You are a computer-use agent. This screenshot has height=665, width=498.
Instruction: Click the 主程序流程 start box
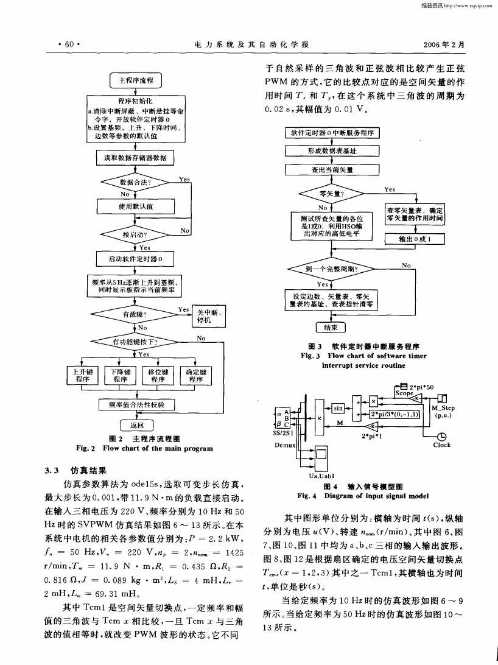point(136,80)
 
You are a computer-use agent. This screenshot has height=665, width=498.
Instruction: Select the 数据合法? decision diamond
point(135,182)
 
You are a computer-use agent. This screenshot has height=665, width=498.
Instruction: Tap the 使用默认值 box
point(136,206)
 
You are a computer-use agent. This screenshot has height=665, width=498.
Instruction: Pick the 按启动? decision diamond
point(135,234)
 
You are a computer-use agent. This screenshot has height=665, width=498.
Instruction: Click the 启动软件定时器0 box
point(135,259)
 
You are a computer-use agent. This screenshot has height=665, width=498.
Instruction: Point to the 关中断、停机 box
point(209,316)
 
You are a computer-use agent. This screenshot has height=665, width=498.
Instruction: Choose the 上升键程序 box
point(83,375)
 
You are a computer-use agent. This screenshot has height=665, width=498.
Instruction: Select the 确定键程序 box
point(196,375)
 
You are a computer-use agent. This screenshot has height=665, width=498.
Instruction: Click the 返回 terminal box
point(136,425)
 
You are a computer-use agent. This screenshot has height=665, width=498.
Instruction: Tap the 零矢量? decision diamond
point(331,194)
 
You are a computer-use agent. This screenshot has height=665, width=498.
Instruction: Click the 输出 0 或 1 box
point(415,239)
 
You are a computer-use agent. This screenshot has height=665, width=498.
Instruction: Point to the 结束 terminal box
point(331,328)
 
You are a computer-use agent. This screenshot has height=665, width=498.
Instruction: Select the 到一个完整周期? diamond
point(331,269)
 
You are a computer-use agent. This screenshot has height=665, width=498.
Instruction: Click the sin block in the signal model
point(338,408)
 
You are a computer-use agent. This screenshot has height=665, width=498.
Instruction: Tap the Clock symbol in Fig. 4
point(441,437)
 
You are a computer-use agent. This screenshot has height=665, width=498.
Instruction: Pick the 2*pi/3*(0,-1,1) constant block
point(395,414)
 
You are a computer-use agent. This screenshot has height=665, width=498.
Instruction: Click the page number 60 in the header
point(69,44)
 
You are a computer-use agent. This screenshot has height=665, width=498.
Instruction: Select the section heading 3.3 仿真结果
point(75,470)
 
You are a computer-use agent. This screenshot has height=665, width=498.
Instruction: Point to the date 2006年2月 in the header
point(444,44)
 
